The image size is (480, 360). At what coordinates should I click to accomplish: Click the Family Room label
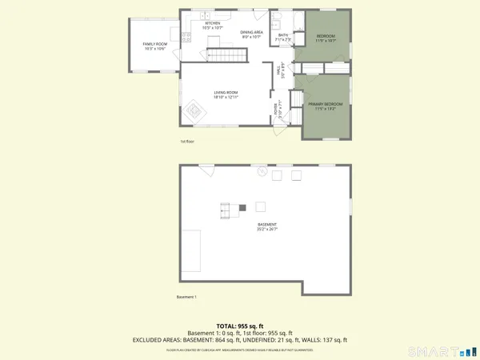coord(154,46)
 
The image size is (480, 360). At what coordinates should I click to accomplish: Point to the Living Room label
coord(226,94)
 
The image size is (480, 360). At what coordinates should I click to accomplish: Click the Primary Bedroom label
coord(326,106)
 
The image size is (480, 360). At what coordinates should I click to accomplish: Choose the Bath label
coord(283,37)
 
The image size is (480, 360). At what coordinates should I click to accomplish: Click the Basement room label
coord(267,226)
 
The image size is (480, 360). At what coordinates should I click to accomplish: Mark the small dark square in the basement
coord(242,208)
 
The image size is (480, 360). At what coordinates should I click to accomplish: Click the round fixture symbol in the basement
coord(262,171)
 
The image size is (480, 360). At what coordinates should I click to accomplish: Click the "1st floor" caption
coord(186,142)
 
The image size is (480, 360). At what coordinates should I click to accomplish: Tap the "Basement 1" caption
coord(186,298)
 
